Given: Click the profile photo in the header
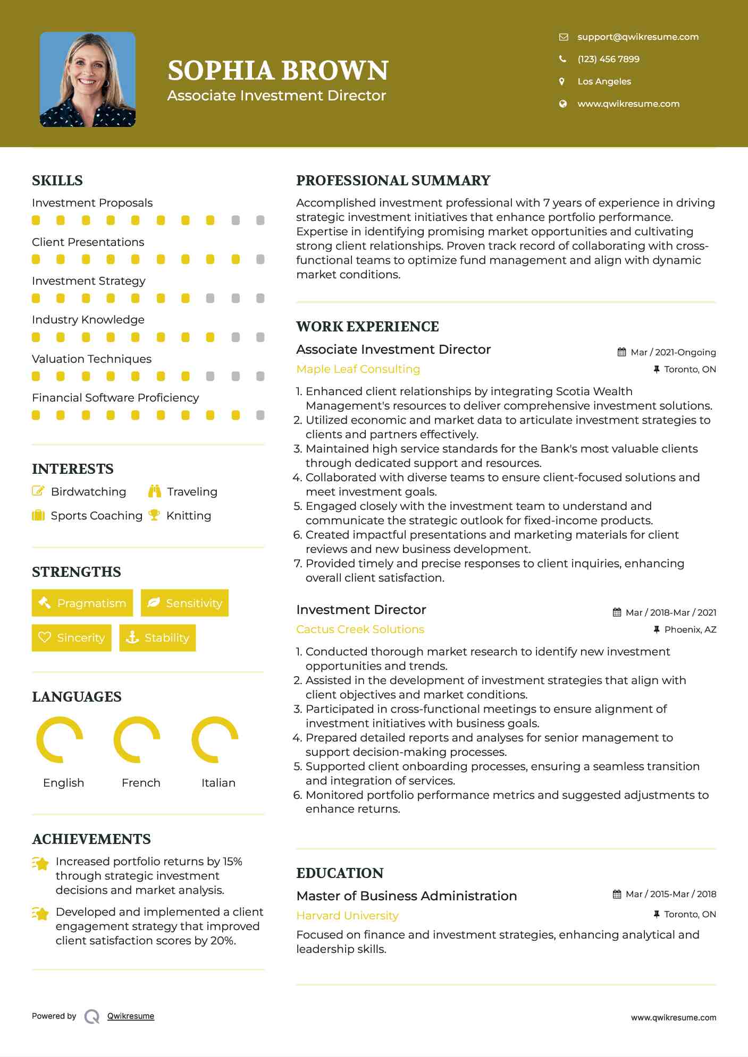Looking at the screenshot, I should point(88,80).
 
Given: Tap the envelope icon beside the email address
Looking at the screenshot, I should point(564,37).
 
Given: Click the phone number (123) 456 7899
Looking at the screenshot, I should point(608,59).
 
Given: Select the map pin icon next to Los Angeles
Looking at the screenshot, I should point(562,81).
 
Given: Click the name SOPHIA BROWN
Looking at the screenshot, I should point(278,71).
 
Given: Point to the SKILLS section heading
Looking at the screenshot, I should point(57,181).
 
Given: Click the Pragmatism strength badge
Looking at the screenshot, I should point(82,603).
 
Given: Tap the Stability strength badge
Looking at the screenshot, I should point(157,637).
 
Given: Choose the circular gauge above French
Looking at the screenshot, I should point(137,739).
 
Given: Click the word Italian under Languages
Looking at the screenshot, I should point(218,783).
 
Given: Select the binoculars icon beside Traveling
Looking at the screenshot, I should point(155,491).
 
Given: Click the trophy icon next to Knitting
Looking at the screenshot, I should point(154,515).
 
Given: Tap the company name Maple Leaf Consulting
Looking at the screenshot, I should point(358,369).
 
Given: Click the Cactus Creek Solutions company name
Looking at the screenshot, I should point(360,629).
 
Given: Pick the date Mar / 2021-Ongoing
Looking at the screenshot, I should point(673,352).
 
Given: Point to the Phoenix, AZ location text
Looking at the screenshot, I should point(690,629).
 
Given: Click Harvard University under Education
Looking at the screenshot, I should point(347,916).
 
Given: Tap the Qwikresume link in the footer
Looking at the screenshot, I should point(131,1016).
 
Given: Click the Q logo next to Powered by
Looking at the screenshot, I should point(92,1017).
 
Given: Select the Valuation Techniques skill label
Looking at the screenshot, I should point(91,359).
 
